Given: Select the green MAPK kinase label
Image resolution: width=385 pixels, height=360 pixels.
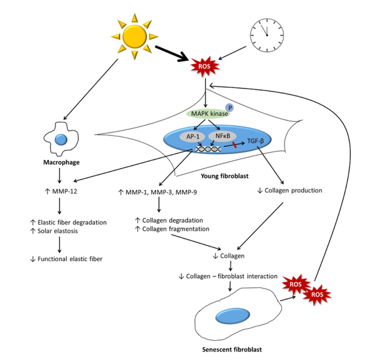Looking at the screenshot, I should (x=207, y=113).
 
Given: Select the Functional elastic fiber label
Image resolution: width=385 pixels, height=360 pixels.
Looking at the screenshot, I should (x=64, y=259).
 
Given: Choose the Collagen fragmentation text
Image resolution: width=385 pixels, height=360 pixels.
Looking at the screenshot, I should (x=171, y=229).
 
